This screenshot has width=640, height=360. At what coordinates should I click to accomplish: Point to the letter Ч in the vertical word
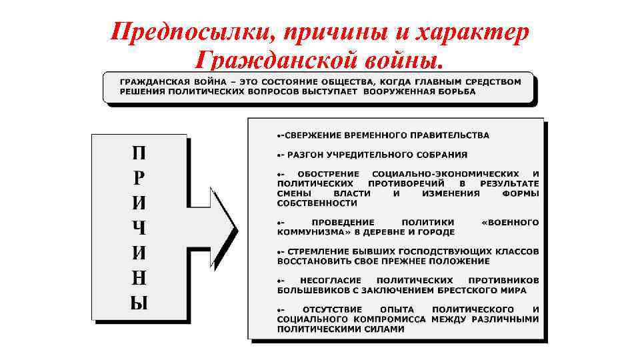coord(139,228)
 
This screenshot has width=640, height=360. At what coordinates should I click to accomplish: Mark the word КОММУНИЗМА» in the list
coord(307,232)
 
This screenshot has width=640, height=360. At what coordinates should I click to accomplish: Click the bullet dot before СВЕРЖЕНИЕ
coord(279,135)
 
